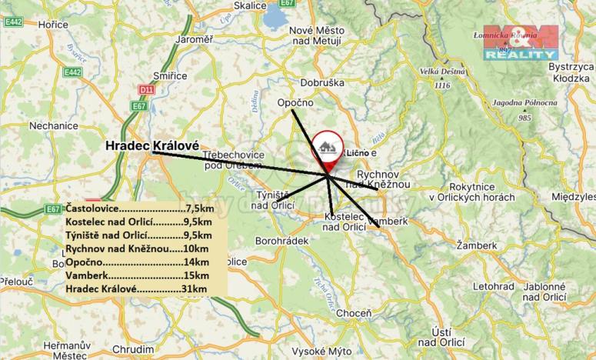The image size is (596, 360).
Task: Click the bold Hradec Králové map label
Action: [x=151, y=145]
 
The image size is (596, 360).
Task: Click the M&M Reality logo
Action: [x=521, y=42]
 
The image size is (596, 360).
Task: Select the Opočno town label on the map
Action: [x=292, y=102]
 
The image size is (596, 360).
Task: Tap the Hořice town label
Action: [x=54, y=25]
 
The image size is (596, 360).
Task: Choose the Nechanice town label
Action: [x=53, y=125]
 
